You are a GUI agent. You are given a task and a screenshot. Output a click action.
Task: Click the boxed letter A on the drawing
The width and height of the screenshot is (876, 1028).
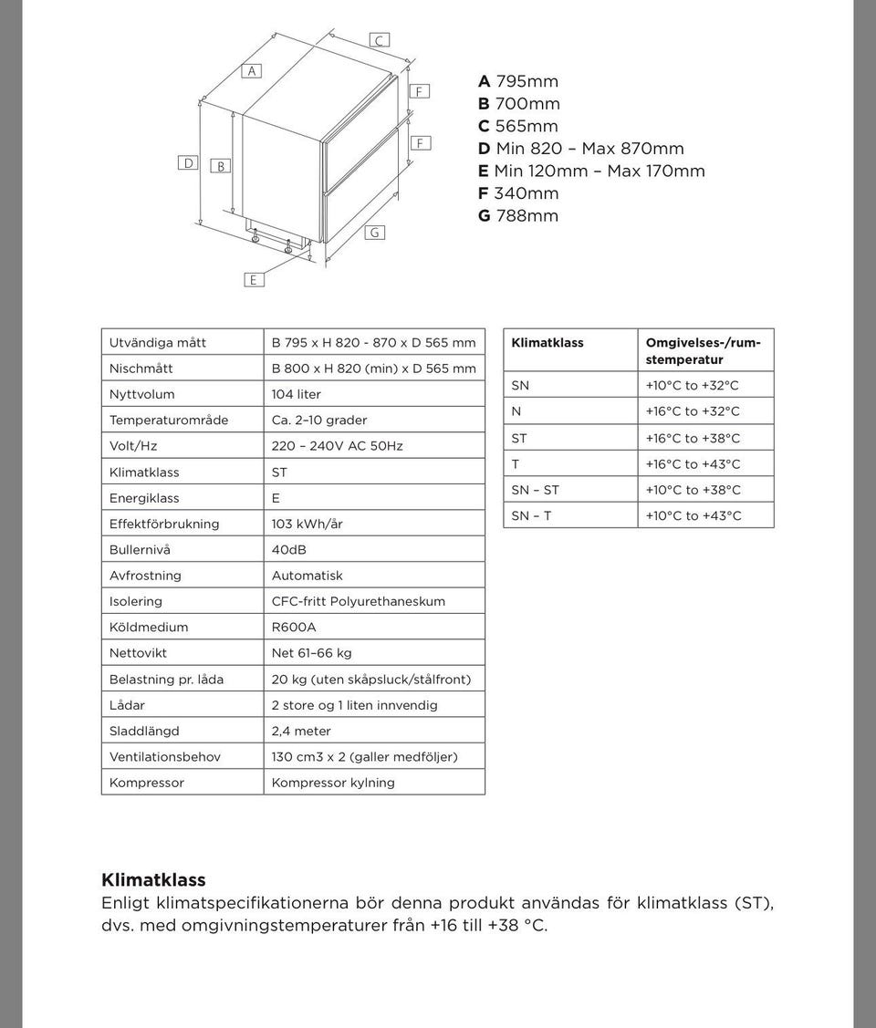(x=252, y=71)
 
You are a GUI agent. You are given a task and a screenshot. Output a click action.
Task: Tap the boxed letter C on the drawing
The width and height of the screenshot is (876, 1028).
(x=380, y=40)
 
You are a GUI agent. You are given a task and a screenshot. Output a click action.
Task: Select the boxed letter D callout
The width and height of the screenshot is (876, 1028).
(x=189, y=162)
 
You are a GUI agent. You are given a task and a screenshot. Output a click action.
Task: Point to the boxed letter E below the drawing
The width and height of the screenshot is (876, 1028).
(x=254, y=280)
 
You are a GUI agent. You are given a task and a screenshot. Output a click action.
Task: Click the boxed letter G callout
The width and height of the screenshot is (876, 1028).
(x=374, y=233)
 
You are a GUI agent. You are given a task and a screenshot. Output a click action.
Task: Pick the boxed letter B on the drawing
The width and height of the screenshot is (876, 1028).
(x=221, y=166)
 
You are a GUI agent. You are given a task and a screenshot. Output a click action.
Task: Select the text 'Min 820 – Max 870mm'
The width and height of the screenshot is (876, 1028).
(x=589, y=149)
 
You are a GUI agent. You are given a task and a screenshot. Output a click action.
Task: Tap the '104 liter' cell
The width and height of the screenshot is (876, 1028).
(x=296, y=394)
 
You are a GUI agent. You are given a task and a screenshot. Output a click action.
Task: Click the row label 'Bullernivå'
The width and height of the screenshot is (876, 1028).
(x=140, y=550)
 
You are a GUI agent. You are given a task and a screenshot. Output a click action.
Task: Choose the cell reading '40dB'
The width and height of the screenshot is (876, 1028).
(x=288, y=550)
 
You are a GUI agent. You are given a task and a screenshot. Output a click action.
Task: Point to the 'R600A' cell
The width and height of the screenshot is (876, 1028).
(x=294, y=628)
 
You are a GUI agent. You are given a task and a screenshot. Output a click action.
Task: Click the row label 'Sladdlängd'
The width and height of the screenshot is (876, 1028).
(x=144, y=731)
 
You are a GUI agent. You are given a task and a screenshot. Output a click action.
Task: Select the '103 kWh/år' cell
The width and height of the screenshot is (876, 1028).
(x=307, y=524)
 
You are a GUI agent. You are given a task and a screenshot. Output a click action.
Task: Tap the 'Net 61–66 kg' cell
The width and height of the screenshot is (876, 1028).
(x=311, y=653)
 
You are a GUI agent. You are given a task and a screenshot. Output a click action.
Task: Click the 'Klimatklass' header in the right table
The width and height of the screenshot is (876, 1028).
(x=547, y=343)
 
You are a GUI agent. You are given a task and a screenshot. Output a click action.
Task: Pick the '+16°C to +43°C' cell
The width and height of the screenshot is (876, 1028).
(x=693, y=464)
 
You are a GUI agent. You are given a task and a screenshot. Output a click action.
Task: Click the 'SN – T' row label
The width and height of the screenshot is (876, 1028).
(x=531, y=516)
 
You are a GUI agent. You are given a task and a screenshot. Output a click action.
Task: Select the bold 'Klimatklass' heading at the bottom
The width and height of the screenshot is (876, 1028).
(x=153, y=880)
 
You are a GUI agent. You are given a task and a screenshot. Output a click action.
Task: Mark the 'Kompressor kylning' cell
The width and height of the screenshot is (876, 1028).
(x=333, y=783)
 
